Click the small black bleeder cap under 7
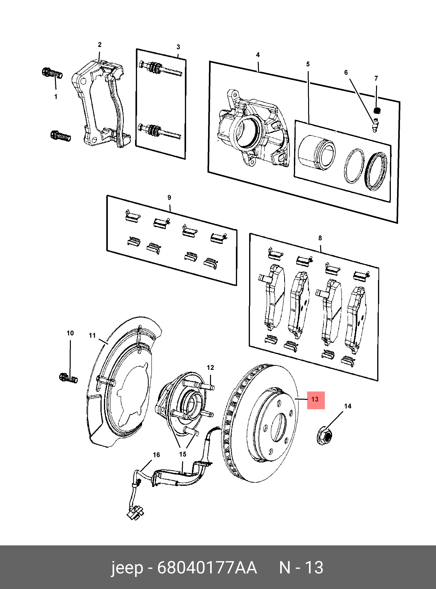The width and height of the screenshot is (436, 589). [377, 110]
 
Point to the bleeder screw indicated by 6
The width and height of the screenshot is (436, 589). [375, 125]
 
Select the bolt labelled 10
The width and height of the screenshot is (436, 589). [68, 378]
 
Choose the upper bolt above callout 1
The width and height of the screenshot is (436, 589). [52, 73]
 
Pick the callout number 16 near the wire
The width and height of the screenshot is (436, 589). [156, 455]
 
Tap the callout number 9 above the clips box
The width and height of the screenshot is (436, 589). [169, 197]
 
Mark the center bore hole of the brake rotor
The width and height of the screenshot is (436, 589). [279, 427]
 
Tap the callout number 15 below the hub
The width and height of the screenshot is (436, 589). [183, 454]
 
